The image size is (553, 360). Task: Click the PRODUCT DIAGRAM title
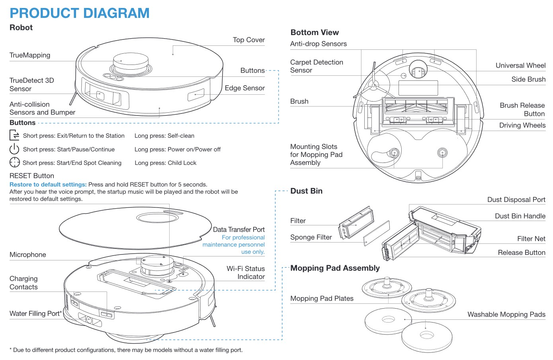point(80,13)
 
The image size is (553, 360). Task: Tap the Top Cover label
point(248,40)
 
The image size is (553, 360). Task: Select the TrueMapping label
point(30,55)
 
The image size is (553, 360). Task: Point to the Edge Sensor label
point(244,88)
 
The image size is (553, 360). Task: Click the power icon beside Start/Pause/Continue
point(14,149)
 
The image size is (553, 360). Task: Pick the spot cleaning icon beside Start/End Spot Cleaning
point(14,162)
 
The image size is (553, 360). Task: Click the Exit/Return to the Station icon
point(14,135)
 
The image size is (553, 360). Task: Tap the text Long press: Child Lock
point(165,163)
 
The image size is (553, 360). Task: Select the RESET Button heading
point(32,176)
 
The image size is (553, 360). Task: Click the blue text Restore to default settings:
point(48,184)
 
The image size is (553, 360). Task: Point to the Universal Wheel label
point(520,65)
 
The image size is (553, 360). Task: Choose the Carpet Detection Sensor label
point(317,66)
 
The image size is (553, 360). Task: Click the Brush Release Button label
point(522,110)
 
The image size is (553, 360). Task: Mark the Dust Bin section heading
point(306,191)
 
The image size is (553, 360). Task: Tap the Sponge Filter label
point(311,237)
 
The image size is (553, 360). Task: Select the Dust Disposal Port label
point(516,200)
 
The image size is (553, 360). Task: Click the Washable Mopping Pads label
point(506,314)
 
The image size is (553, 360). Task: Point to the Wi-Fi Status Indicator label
point(246,273)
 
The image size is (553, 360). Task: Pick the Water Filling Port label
point(35,314)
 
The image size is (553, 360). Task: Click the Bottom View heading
point(315,33)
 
